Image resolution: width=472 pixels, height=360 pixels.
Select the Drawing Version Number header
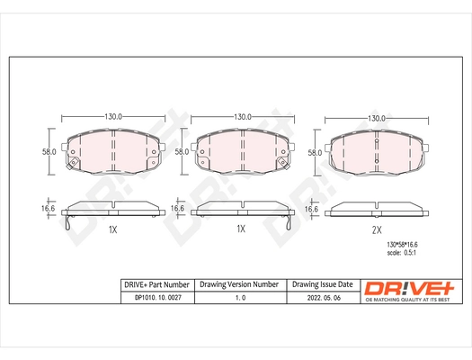239,284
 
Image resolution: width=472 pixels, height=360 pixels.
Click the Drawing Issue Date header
324,284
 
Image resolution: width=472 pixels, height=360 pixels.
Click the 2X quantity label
377,229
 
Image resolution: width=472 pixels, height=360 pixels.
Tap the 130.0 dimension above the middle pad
241,117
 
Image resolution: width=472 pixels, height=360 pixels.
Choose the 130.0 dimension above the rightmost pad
377,117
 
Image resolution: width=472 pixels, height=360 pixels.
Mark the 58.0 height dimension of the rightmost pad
314,153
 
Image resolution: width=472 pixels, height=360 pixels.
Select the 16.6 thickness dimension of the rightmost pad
312,209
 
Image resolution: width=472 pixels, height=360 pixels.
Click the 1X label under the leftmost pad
112,230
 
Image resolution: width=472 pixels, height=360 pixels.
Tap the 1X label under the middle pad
241,229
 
